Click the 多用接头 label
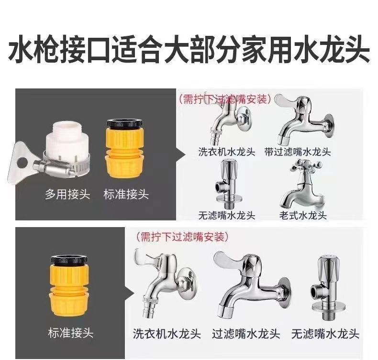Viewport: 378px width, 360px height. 67,194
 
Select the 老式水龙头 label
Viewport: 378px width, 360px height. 302,215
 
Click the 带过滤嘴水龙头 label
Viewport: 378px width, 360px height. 297,152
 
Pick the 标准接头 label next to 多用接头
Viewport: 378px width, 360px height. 126,194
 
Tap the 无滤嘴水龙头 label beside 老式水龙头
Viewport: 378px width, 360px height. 227,215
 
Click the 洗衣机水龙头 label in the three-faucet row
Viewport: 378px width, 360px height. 167,334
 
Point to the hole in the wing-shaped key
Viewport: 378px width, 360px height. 22,163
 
